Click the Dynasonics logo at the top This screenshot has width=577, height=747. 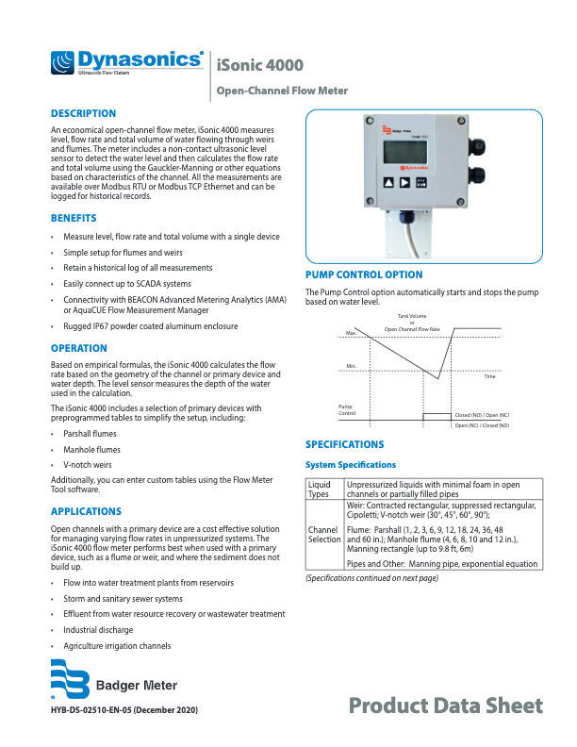pos(127,63)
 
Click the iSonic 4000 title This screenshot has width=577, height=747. pos(259,65)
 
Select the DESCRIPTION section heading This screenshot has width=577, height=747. pos(83,113)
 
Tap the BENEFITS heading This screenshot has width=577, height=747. pos(74,218)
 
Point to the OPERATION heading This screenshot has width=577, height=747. pos(79,348)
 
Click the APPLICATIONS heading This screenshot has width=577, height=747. pos(86,510)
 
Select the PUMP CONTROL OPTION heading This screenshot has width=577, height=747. pos(364,275)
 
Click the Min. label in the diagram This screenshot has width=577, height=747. pos(351,365)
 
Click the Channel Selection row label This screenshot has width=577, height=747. pos(323,535)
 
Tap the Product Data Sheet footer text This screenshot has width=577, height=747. pos(445,705)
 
